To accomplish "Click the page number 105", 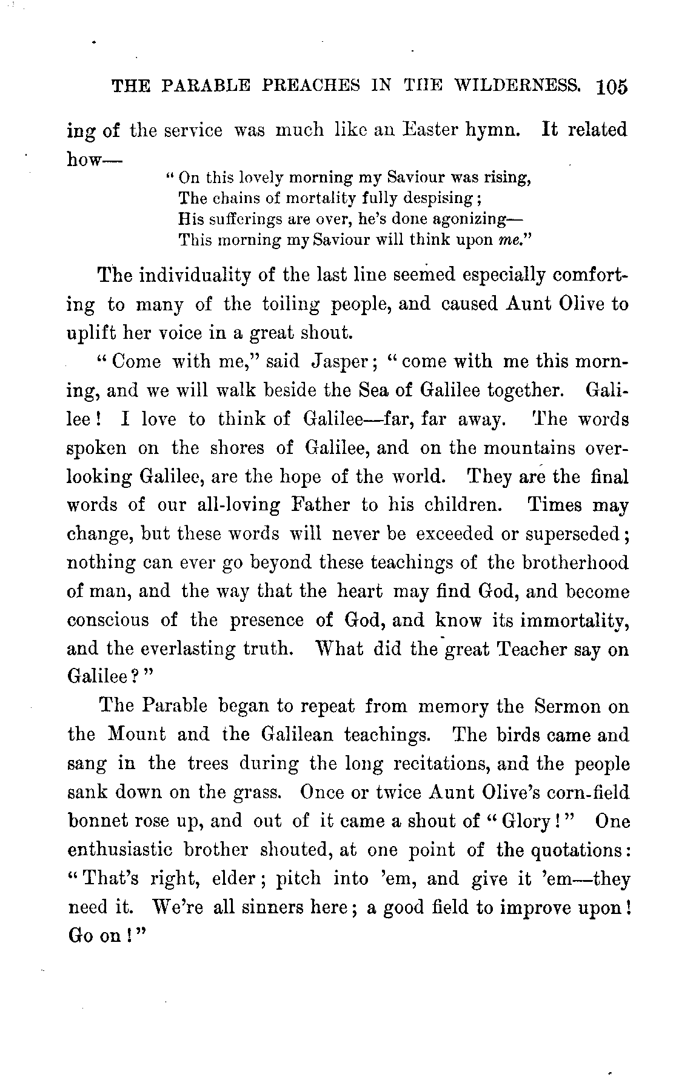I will tap(611, 87).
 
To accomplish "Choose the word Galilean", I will tap(298, 735).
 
